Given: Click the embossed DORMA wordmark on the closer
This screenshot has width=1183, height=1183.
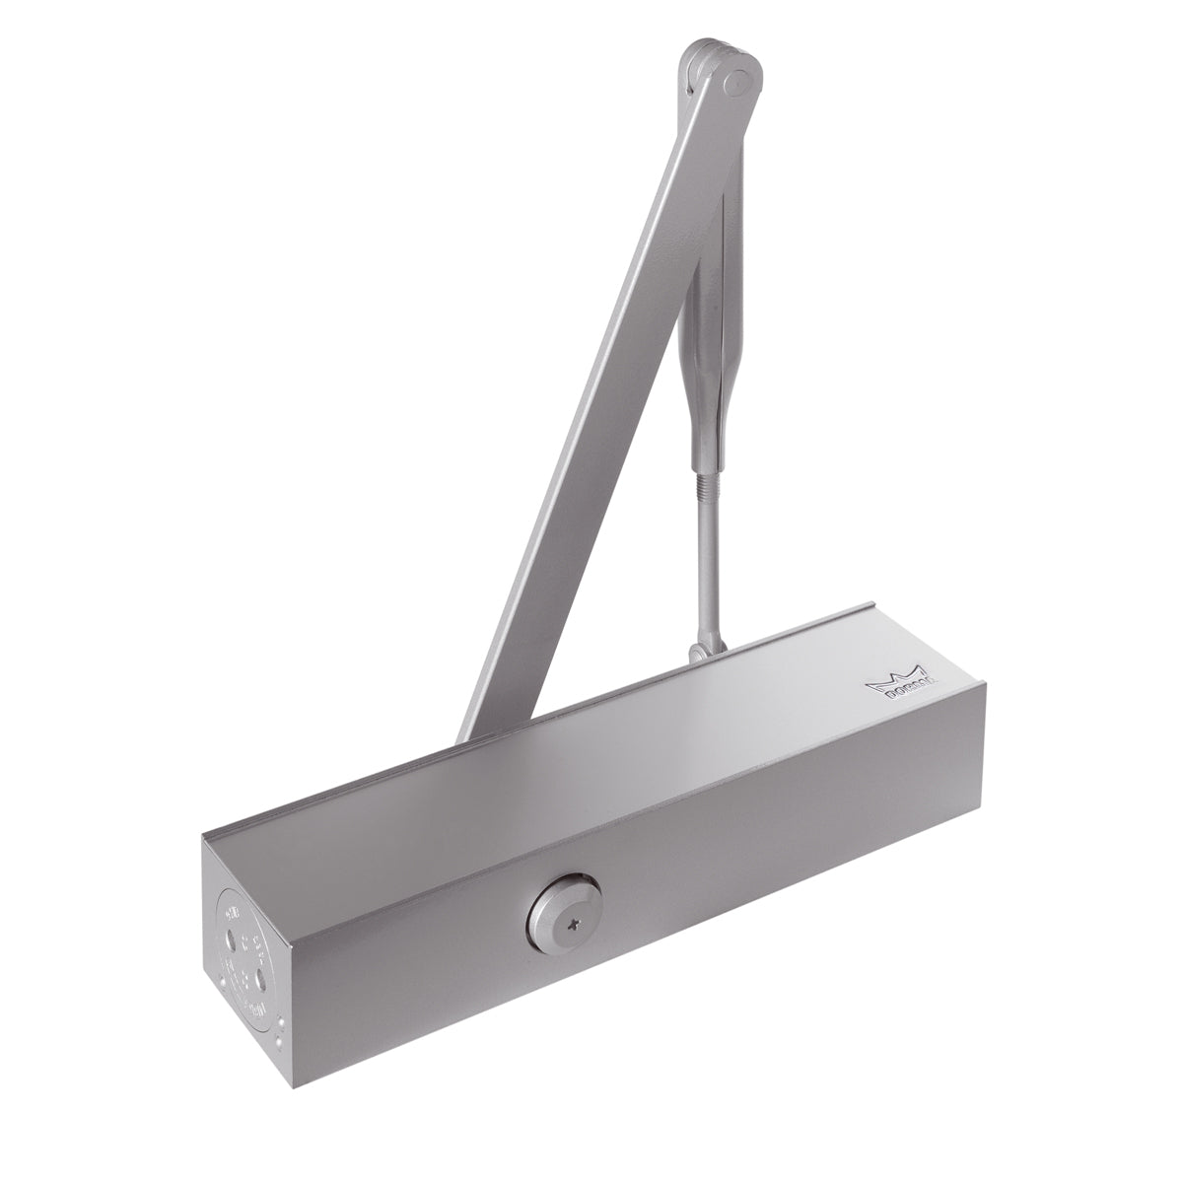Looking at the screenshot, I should click(x=903, y=691).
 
